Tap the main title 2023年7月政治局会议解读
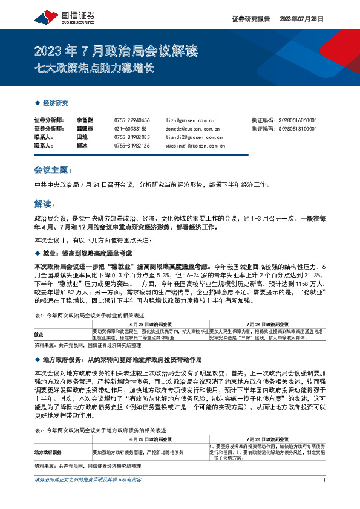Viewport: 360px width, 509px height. (117, 50)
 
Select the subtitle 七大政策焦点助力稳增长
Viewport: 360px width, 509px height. (96, 67)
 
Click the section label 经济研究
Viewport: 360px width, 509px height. (55, 103)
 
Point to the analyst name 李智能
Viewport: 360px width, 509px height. (84, 120)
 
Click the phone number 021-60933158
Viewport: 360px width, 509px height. (130, 129)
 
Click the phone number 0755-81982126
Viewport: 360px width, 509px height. (131, 146)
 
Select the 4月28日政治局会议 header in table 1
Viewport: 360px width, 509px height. (151, 323)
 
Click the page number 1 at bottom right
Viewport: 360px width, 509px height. (326, 497)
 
